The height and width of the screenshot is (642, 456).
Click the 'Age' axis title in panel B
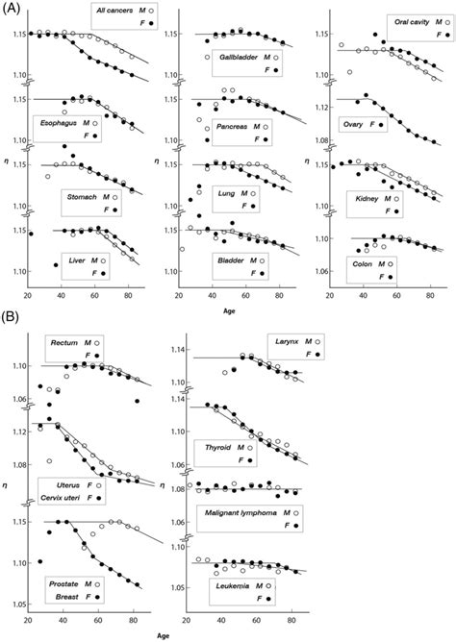[142, 634]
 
